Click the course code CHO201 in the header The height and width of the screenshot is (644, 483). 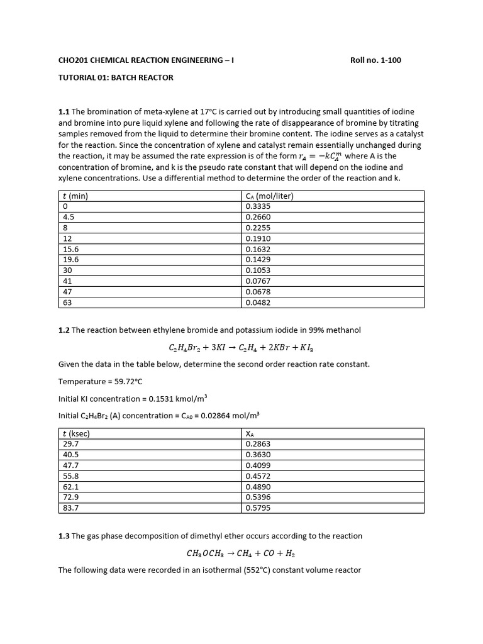(72, 60)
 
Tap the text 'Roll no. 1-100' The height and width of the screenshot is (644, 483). (375, 60)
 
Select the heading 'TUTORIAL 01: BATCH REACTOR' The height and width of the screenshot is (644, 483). (116, 77)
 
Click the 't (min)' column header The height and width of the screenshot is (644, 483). (75, 196)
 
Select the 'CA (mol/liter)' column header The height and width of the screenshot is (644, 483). (270, 196)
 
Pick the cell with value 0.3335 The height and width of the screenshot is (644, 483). (258, 206)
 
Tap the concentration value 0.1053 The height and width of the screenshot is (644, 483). (258, 270)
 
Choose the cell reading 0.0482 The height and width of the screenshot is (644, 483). (258, 303)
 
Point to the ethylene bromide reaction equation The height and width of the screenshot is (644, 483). (241, 347)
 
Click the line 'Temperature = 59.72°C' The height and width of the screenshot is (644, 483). (103, 381)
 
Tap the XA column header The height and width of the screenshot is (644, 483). (250, 433)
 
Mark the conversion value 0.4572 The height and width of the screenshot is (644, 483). (258, 475)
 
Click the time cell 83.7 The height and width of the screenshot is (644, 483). (71, 508)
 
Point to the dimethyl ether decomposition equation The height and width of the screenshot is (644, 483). (241, 553)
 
